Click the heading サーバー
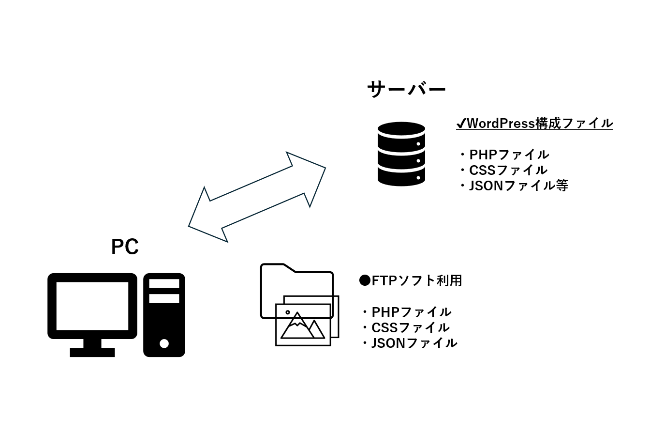(406, 90)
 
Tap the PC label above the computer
(125, 247)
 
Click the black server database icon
(401, 154)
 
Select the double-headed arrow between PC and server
(257, 197)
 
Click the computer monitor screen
(92, 306)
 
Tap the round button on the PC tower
(164, 343)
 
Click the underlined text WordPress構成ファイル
(540, 124)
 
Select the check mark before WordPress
(461, 124)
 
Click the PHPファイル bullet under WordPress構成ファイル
(504, 155)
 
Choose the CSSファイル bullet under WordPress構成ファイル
(503, 170)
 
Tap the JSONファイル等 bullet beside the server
(513, 186)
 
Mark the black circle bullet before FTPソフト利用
(365, 280)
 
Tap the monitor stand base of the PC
(92, 352)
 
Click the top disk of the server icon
(401, 130)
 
